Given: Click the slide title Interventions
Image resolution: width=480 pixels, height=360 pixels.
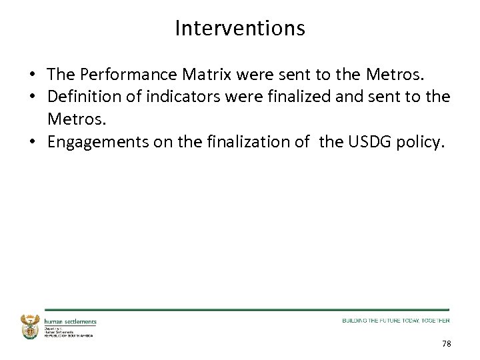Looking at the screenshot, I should click(x=240, y=28).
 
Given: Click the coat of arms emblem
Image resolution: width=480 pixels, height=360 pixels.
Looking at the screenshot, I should click(x=31, y=327).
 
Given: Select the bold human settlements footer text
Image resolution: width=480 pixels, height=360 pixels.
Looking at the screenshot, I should click(x=70, y=321).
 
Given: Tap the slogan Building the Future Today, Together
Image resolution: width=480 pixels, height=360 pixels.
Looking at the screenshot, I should click(x=395, y=321).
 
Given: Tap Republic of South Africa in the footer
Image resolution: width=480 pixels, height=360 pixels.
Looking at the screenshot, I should click(x=68, y=335).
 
